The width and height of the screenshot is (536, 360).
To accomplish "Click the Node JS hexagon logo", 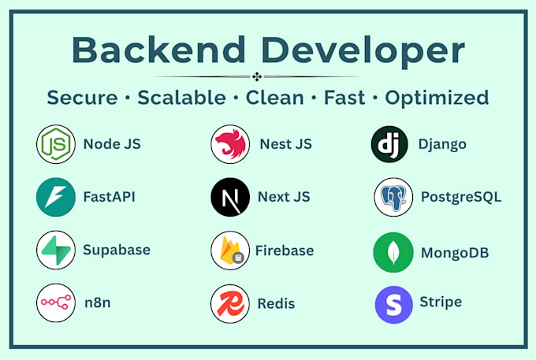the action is click(x=56, y=144).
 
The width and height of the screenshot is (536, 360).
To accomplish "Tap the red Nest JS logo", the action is click(x=230, y=144).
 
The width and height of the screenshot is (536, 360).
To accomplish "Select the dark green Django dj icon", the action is click(x=389, y=144).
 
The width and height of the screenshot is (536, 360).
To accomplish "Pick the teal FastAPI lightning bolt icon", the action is click(x=56, y=197).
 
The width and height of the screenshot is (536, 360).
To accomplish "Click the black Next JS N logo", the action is click(x=230, y=197).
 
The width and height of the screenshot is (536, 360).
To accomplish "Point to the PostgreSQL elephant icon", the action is click(x=393, y=197).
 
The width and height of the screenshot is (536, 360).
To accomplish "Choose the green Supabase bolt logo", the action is click(x=56, y=250).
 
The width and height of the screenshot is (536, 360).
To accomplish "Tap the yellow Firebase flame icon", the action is click(x=230, y=251).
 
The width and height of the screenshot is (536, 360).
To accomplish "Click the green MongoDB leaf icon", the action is click(x=393, y=252).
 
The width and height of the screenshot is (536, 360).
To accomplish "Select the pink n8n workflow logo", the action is click(x=56, y=302).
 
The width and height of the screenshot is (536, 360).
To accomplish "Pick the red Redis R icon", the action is click(x=230, y=303).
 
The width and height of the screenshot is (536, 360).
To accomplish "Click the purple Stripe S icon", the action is click(x=394, y=305).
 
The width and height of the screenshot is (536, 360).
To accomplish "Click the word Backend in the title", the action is click(x=158, y=50).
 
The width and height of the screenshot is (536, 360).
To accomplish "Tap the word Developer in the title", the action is click(x=363, y=51).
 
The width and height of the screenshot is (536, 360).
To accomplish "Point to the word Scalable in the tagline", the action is click(x=181, y=98).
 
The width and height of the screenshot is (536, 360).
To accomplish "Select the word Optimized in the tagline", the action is click(x=437, y=98).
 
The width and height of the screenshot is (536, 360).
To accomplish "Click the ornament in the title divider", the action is click(x=257, y=76).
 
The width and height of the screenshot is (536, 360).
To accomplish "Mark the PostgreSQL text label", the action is click(x=461, y=198).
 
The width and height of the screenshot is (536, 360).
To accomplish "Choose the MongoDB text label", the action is click(x=455, y=253).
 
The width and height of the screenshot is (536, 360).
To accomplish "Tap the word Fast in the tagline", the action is click(x=344, y=98).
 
